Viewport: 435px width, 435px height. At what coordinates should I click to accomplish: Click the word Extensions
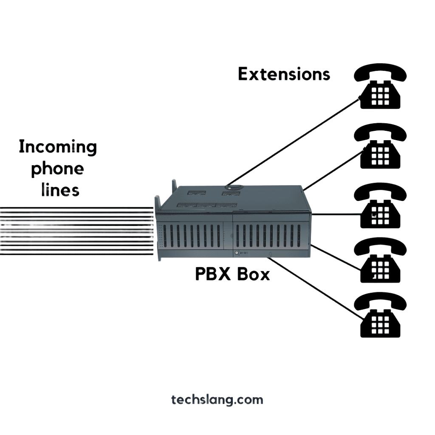point(284,74)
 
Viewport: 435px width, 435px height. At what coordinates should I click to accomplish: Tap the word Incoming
point(58,147)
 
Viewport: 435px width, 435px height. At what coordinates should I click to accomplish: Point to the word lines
point(60,189)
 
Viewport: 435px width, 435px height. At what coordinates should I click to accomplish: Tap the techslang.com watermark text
point(217,400)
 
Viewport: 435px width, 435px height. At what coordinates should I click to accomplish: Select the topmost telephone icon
point(380,88)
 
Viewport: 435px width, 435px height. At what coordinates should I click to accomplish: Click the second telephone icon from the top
point(380,147)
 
